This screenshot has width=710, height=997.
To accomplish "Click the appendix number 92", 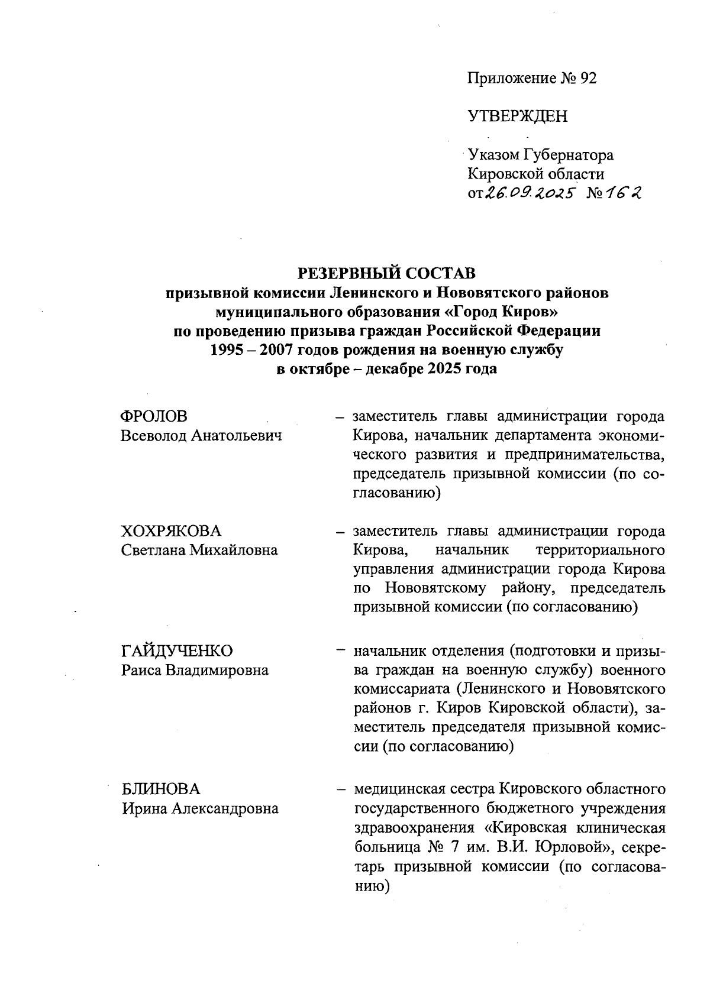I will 588,79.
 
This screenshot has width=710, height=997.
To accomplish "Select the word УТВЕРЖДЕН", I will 517,116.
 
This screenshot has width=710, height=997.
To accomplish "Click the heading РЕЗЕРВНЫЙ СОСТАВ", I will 386,273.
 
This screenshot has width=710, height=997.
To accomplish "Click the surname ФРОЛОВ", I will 154,416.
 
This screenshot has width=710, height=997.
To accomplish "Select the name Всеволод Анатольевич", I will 201,436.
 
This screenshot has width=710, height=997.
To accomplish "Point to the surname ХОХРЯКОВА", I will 171,530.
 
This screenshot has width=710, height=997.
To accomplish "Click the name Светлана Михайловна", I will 199,550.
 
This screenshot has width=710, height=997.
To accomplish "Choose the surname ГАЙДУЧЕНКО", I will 177,650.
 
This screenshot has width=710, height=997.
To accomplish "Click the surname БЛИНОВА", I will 161,789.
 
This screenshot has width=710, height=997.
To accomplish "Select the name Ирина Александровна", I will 200,808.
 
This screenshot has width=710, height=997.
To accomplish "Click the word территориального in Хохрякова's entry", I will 599,550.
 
